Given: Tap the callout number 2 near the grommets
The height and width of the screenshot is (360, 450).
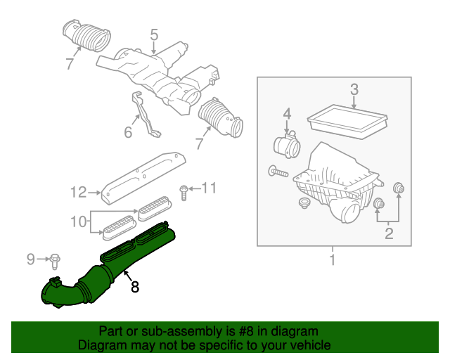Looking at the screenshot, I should click(x=388, y=234).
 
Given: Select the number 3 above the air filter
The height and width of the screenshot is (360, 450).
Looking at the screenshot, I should click(x=354, y=89).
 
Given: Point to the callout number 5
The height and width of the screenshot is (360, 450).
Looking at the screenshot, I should click(x=154, y=34).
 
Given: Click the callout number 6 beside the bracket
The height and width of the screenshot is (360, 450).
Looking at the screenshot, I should click(x=129, y=131).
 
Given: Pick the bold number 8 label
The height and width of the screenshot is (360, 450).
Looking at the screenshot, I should click(x=135, y=287).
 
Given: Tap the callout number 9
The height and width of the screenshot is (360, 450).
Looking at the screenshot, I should click(x=30, y=259).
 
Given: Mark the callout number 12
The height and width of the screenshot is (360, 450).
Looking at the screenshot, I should click(x=77, y=191).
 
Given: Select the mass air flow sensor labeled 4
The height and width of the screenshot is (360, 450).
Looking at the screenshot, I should click(x=288, y=148).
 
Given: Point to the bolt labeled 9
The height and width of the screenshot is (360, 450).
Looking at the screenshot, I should click(x=54, y=261).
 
